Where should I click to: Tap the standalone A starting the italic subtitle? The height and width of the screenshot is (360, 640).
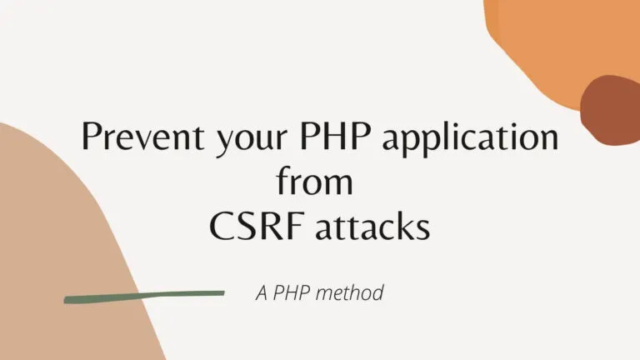261,293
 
